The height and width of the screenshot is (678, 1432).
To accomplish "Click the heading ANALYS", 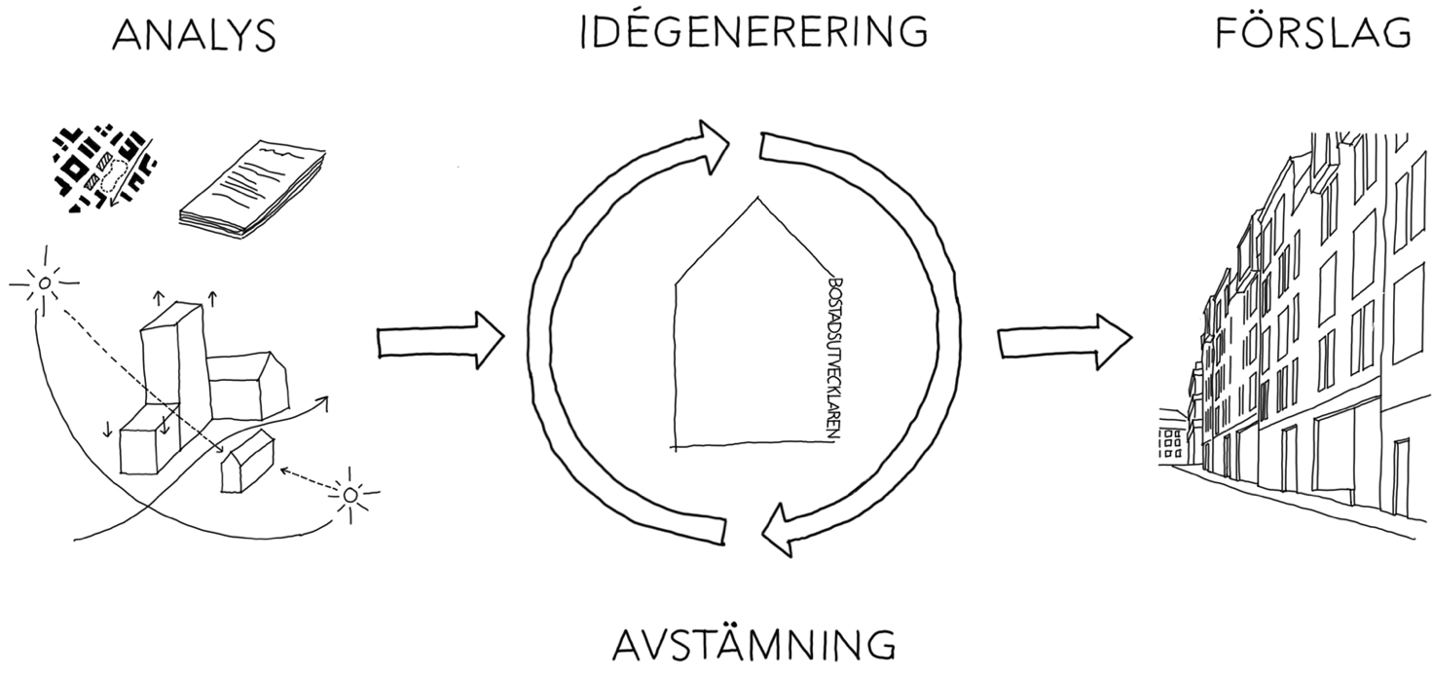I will (x=194, y=36).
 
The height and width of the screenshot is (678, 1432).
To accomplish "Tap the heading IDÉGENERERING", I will (x=753, y=31).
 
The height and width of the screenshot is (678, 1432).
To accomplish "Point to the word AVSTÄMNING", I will (x=754, y=646).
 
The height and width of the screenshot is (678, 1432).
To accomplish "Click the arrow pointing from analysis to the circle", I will (x=439, y=340).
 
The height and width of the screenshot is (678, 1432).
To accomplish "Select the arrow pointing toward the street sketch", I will (x=1064, y=340).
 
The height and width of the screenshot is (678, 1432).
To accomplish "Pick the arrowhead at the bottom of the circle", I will (x=782, y=531).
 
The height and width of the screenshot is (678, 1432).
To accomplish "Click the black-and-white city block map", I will (x=103, y=169).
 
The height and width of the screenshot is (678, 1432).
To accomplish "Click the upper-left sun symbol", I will (x=43, y=284).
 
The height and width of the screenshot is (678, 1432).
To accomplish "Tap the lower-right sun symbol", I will (x=350, y=495).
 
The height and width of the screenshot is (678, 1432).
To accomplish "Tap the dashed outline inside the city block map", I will (x=114, y=170).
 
